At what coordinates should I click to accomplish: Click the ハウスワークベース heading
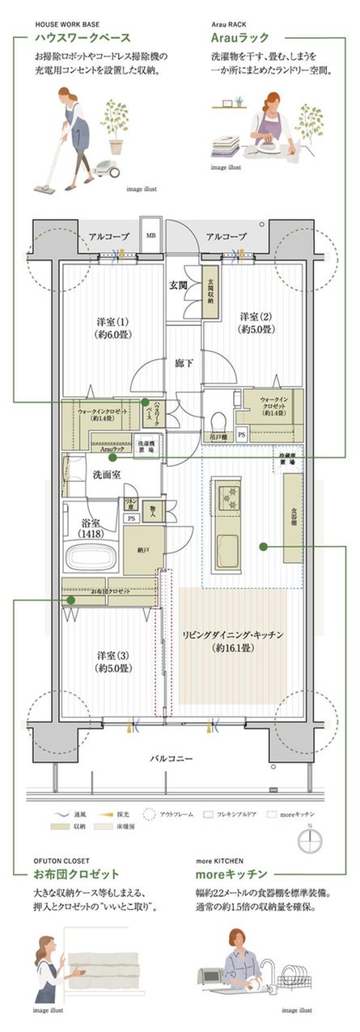(x=82, y=38)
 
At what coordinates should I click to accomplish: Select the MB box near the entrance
(x=150, y=236)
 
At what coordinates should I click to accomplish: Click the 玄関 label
(x=178, y=285)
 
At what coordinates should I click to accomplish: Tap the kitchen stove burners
(x=224, y=494)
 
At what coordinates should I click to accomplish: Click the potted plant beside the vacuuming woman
(x=116, y=125)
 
